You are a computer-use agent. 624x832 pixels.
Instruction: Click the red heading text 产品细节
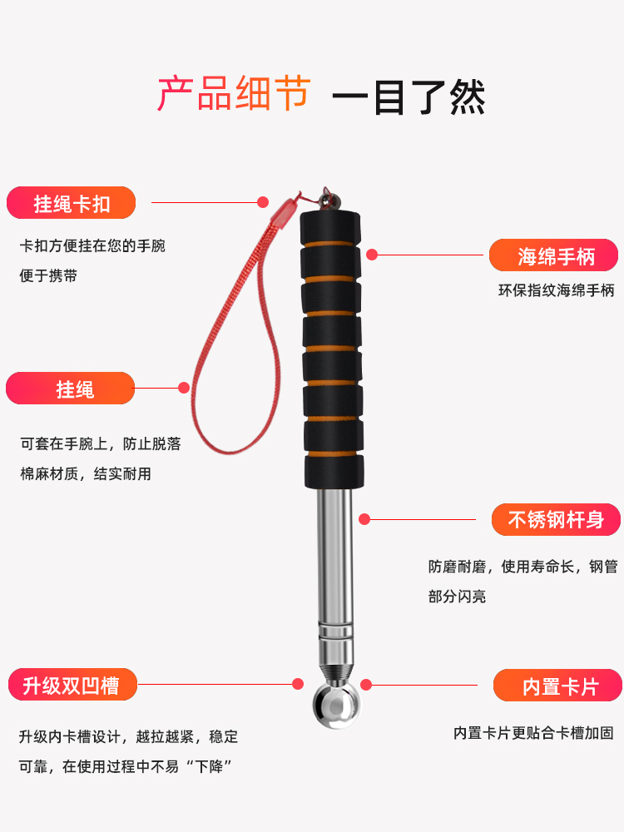point(234,93)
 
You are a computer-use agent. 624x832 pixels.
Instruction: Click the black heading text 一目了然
point(409,97)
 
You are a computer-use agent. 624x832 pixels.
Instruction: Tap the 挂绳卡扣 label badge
point(71,203)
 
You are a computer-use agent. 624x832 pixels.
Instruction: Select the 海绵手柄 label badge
point(553,255)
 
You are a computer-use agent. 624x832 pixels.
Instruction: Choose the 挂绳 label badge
point(71,389)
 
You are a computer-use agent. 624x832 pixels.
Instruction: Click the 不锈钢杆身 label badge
point(556,519)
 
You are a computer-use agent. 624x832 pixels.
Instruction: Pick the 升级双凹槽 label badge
point(72,685)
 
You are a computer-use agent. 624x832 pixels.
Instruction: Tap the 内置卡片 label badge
point(557,686)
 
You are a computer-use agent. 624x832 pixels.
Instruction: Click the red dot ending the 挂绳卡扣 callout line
point(263,202)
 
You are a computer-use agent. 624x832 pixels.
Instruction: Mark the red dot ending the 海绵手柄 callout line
point(372,255)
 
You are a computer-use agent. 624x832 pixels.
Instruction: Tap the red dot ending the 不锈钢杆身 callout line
point(364,519)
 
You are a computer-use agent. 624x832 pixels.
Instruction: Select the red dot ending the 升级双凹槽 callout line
point(298,684)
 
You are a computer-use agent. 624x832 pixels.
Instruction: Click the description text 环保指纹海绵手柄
point(556,290)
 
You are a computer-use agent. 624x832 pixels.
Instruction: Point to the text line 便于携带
point(48,275)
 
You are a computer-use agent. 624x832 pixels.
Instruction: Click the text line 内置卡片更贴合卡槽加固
point(533,733)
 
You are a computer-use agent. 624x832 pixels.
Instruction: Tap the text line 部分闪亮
point(458,597)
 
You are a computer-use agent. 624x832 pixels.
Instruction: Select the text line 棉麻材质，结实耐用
point(86,474)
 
